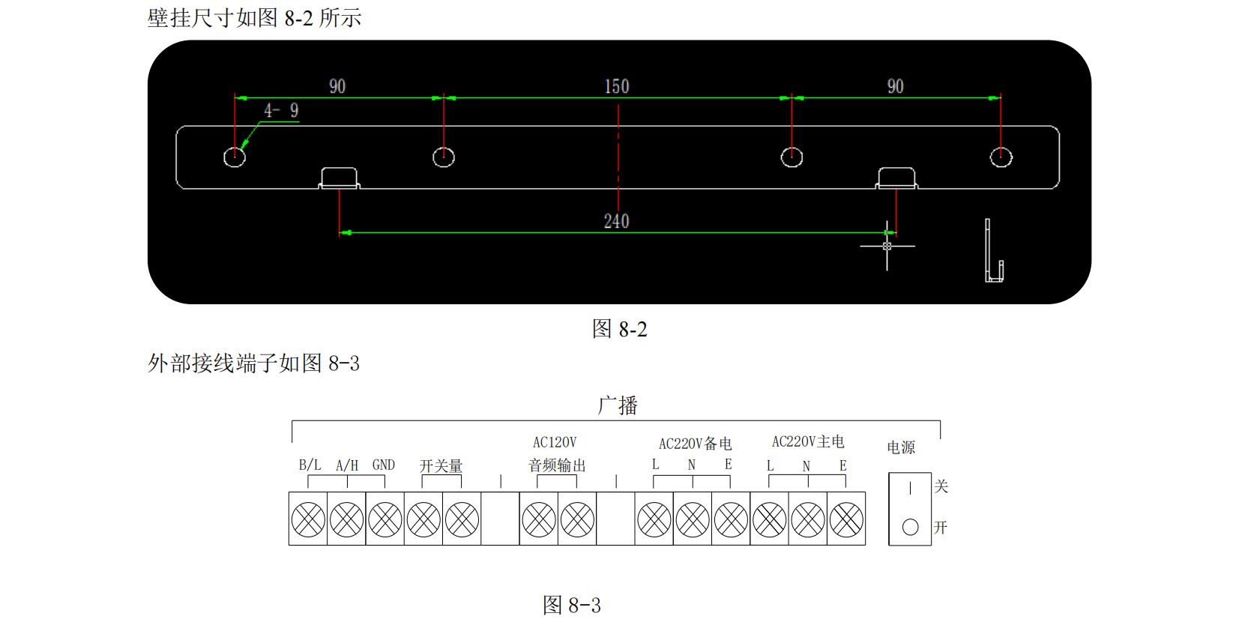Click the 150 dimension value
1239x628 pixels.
point(617,86)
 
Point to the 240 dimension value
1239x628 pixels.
point(616,221)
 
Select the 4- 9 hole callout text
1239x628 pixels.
point(281,111)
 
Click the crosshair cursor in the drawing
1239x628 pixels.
point(887,246)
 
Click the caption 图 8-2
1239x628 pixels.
point(619,329)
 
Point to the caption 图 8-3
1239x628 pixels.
point(571,605)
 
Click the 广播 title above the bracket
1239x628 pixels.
point(618,405)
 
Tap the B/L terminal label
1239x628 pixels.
point(310,465)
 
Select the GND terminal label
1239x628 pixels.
point(383,465)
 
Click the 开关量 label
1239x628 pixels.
point(441,466)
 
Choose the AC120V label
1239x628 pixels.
point(555,442)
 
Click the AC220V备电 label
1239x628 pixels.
point(695,444)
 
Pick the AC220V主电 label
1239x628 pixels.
point(808,441)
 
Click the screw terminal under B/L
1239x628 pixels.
point(308,519)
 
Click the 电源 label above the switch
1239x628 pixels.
point(901,447)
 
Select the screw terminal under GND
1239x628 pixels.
point(385,519)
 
